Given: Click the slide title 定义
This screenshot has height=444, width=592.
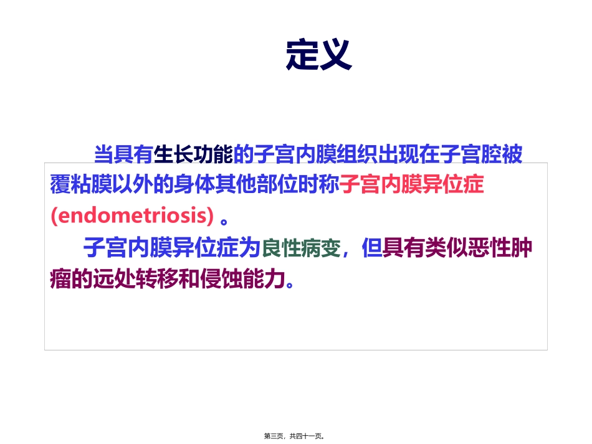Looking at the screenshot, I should (318, 55).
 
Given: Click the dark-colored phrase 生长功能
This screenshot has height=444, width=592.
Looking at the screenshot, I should (193, 154).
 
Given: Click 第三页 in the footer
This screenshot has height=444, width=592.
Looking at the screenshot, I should (275, 437).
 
